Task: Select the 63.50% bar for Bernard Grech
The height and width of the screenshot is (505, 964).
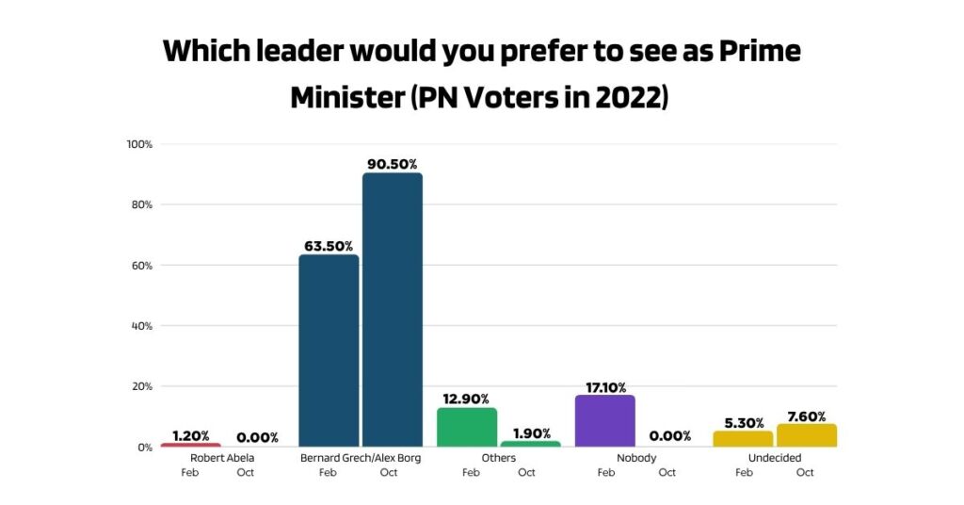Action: pyautogui.click(x=329, y=350)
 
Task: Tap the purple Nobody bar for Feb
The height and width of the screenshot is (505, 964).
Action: pyautogui.click(x=604, y=420)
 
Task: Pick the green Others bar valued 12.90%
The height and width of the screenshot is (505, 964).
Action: pyautogui.click(x=467, y=427)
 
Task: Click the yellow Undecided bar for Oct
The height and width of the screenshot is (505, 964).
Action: pyautogui.click(x=806, y=435)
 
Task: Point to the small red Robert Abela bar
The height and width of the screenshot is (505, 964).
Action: pyautogui.click(x=191, y=445)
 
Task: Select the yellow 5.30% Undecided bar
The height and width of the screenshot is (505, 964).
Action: pyautogui.click(x=743, y=439)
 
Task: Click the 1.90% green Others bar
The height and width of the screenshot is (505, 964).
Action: pyautogui.click(x=530, y=444)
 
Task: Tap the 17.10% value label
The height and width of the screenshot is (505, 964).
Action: pyautogui.click(x=604, y=385)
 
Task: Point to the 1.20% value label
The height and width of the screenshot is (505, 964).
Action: pyautogui.click(x=191, y=436)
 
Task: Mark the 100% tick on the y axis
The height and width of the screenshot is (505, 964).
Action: pyautogui.click(x=139, y=144)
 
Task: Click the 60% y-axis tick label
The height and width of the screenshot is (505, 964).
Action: pyautogui.click(x=141, y=266)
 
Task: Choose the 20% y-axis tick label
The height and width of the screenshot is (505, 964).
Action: pyautogui.click(x=141, y=386)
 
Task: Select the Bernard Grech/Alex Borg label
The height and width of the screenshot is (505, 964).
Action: pyautogui.click(x=360, y=458)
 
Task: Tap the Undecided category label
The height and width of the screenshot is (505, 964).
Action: pyautogui.click(x=775, y=458)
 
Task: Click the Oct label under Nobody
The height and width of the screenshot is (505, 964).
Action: pyautogui.click(x=667, y=472)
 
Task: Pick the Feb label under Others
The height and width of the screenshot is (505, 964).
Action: pyautogui.click(x=471, y=472)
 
